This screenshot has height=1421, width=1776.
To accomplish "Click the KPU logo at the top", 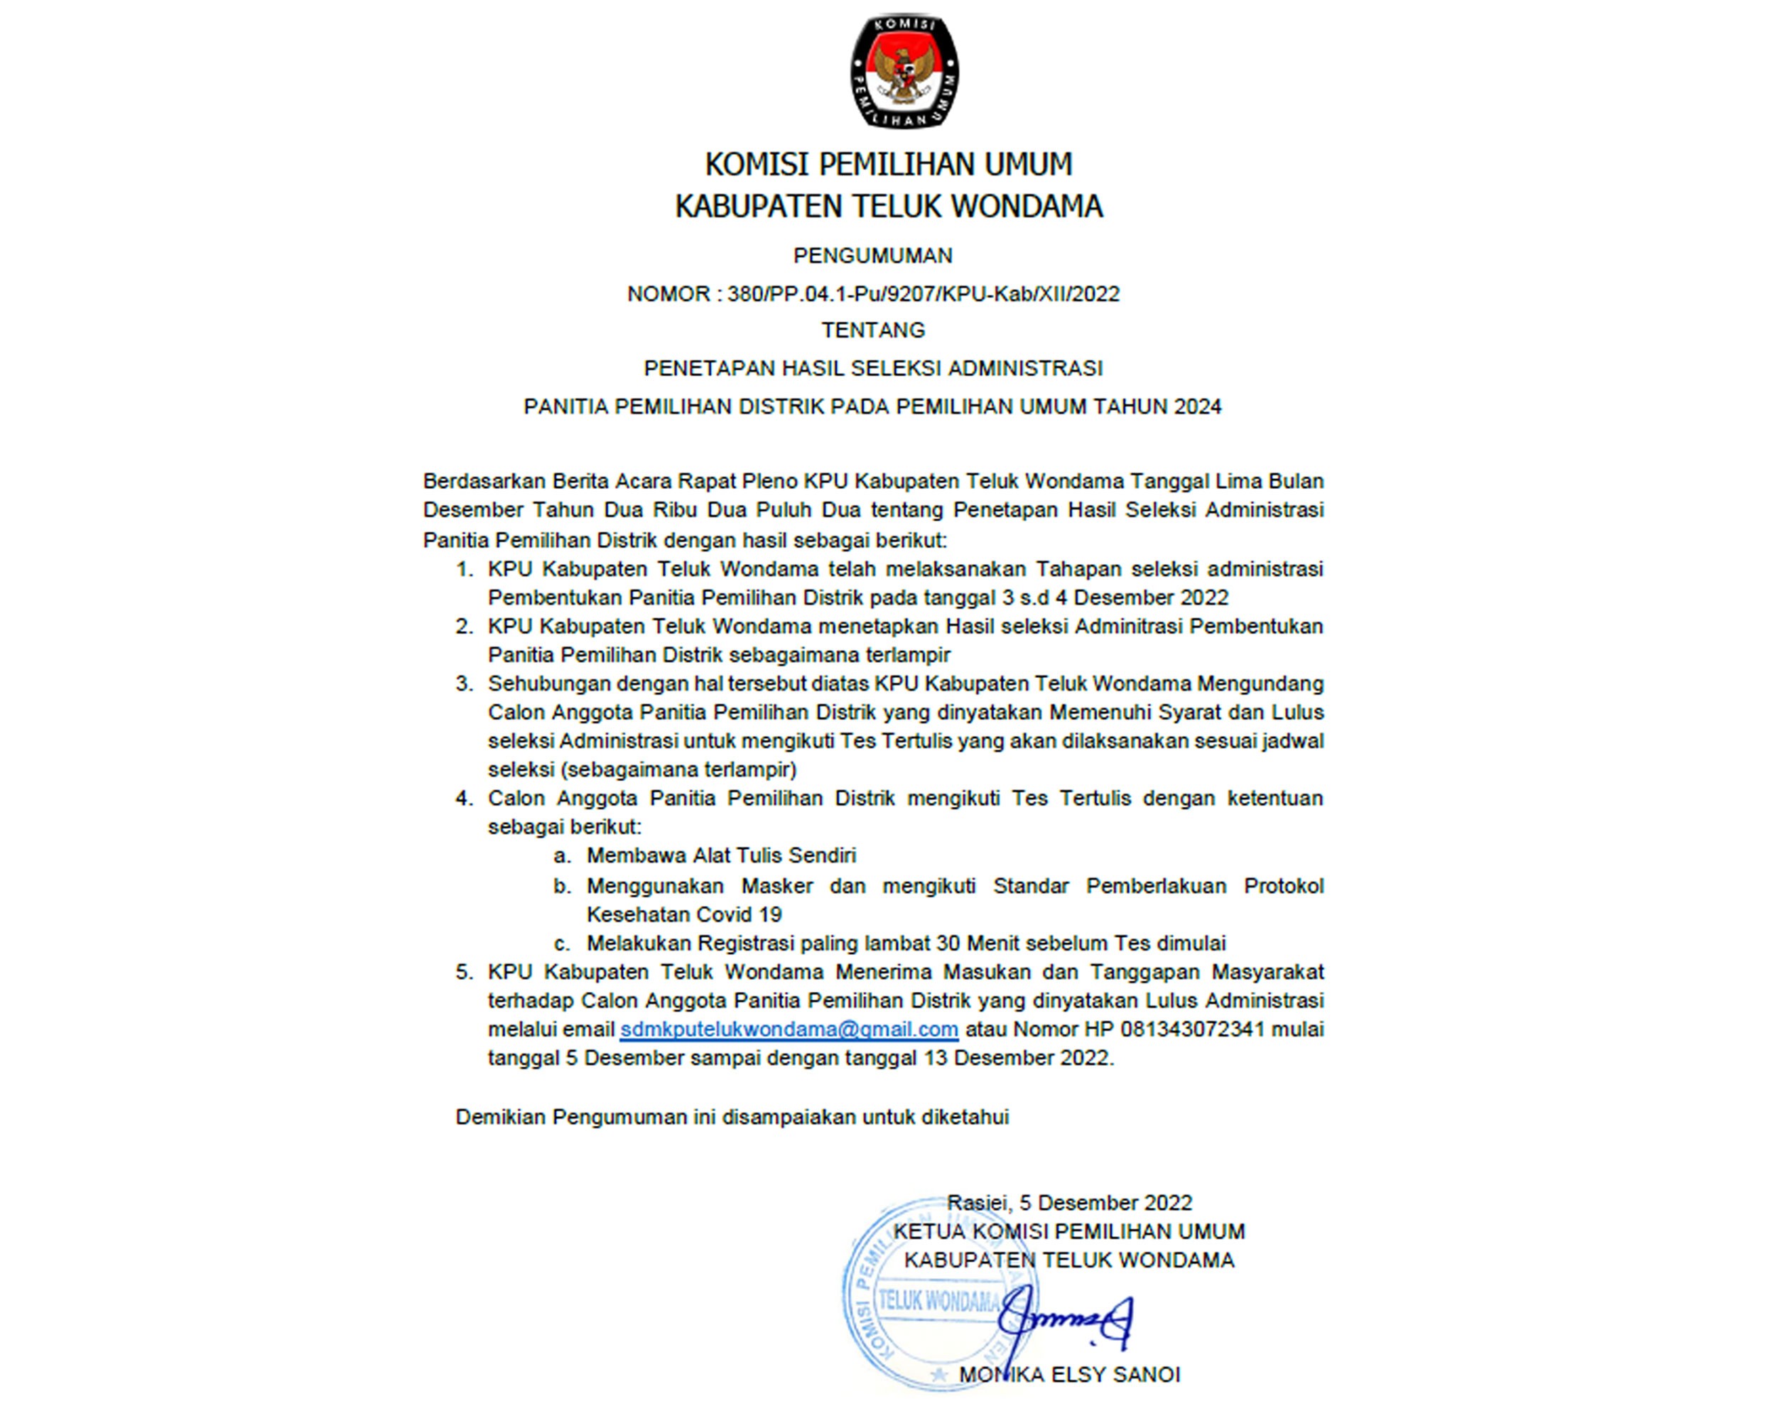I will click(x=904, y=71).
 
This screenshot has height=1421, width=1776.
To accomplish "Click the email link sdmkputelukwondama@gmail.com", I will click(x=789, y=1030).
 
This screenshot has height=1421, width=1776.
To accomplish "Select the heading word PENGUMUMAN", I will click(x=873, y=256).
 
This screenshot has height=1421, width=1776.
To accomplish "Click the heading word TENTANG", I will click(x=873, y=330).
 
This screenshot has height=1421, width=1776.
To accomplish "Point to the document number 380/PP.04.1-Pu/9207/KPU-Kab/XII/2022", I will click(x=924, y=294).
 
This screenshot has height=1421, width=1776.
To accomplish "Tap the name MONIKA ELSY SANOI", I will click(x=1069, y=1375).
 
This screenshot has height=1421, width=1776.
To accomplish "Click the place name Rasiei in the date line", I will click(x=978, y=1203).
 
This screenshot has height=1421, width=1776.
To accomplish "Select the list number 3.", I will click(x=465, y=684).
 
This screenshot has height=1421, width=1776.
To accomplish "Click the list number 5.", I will click(x=465, y=972).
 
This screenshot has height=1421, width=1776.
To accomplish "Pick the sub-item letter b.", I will click(x=563, y=887).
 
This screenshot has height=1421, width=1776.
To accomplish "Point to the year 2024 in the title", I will click(x=1198, y=407).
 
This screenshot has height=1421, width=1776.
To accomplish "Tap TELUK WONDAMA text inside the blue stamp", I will click(x=939, y=1302).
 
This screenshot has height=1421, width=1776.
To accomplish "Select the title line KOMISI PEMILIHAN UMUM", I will click(x=889, y=165).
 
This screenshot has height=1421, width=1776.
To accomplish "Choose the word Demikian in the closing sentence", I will click(x=500, y=1118).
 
